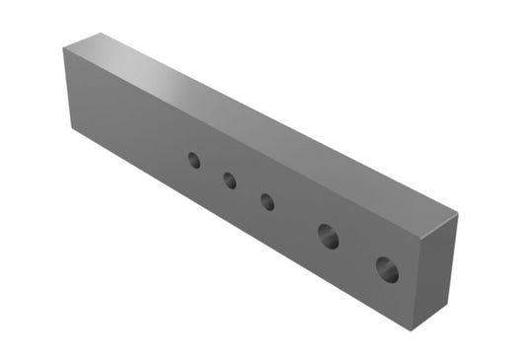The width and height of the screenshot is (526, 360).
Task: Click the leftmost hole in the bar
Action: pyautogui.click(x=194, y=160)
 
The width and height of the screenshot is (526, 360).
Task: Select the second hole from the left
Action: pyautogui.click(x=229, y=180)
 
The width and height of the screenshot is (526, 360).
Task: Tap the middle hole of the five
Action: pyautogui.click(x=267, y=201)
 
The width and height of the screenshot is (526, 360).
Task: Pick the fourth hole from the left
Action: pyautogui.click(x=328, y=236)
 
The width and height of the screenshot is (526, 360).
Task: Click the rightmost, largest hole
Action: pyautogui.click(x=386, y=268)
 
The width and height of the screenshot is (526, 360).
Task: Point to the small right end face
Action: pyautogui.click(x=437, y=268)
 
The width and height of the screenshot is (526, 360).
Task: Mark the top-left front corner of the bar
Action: pyautogui.click(x=64, y=48)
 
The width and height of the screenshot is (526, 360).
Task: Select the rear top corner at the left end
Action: pyautogui.click(x=101, y=33)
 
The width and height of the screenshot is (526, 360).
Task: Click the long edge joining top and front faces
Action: pyautogui.click(x=242, y=145)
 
